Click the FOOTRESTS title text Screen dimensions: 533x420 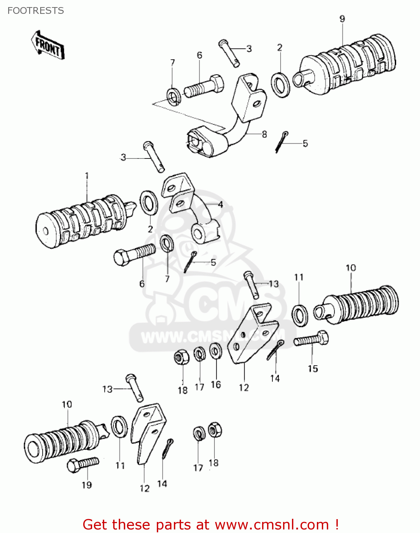coord(36,11)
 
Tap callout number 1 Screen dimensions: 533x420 coord(86,176)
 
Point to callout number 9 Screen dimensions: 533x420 coord(342,19)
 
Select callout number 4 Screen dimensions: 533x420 coord(220,205)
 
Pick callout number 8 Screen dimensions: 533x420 coord(264,134)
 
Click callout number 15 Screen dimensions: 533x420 coord(313,368)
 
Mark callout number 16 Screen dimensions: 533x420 coord(216,384)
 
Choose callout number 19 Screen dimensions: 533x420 coord(87,485)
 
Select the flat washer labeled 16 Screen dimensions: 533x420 coord(215,351)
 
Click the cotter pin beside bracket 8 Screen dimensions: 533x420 coord(281,141)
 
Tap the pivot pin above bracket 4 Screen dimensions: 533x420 coord(154,156)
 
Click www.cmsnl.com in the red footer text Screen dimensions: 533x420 coord(272,524)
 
